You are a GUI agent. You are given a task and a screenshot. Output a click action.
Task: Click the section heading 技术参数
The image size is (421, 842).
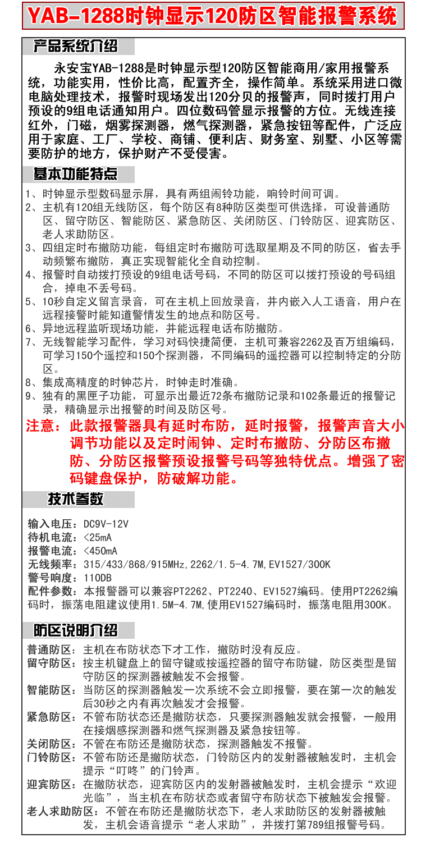coord(75,498)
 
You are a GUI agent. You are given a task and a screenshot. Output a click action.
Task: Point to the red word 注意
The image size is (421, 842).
coord(42,426)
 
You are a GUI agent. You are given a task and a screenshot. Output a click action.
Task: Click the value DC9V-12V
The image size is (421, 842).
coord(106,524)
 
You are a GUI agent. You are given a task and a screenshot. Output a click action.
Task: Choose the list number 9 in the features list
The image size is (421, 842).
coord(30,396)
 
